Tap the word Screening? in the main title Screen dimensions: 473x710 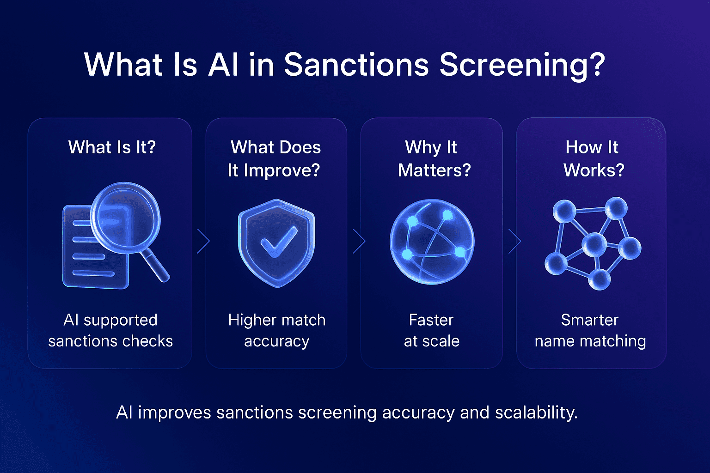(522, 65)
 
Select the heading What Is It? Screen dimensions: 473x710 (112, 147)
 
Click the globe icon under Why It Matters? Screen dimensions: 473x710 (432, 242)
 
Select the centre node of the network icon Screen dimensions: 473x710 (594, 244)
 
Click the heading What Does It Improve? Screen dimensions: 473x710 (275, 158)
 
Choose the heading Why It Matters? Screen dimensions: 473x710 (434, 158)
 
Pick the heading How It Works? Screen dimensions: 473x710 (593, 158)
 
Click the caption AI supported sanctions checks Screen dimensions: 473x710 (110, 330)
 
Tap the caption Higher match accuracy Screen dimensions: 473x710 (276, 330)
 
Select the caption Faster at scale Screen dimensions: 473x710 (431, 330)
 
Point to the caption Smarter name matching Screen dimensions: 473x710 (590, 330)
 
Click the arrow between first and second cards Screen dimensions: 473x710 (203, 241)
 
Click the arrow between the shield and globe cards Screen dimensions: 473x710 (359, 241)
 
